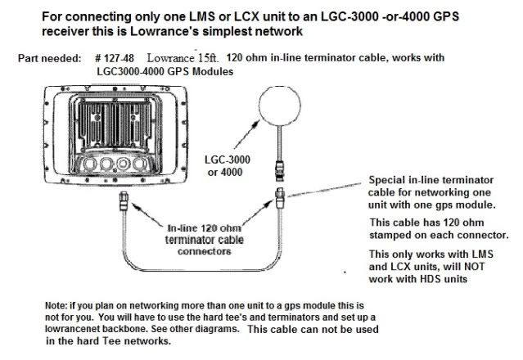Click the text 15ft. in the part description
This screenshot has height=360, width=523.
(x=208, y=61)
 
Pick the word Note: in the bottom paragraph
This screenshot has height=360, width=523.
(x=59, y=305)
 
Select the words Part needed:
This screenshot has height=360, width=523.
(x=48, y=61)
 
